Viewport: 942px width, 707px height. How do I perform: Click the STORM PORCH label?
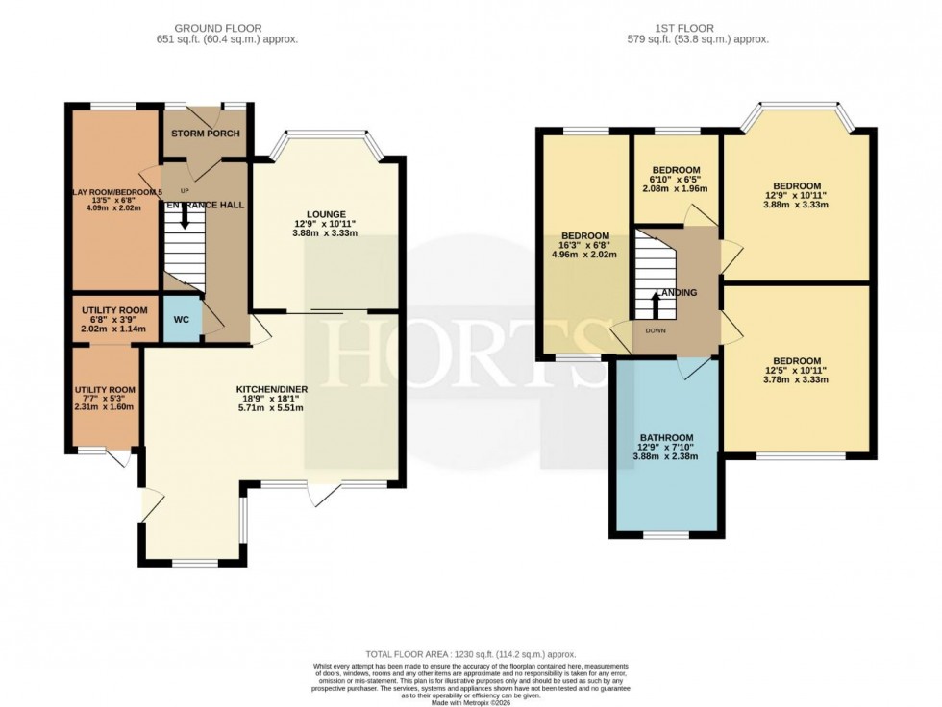click(x=206, y=134)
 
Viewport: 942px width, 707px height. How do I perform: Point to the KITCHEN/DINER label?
click(x=272, y=389)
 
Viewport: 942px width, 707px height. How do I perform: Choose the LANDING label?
click(x=676, y=293)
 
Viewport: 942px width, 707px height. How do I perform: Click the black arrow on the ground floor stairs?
click(x=185, y=219)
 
